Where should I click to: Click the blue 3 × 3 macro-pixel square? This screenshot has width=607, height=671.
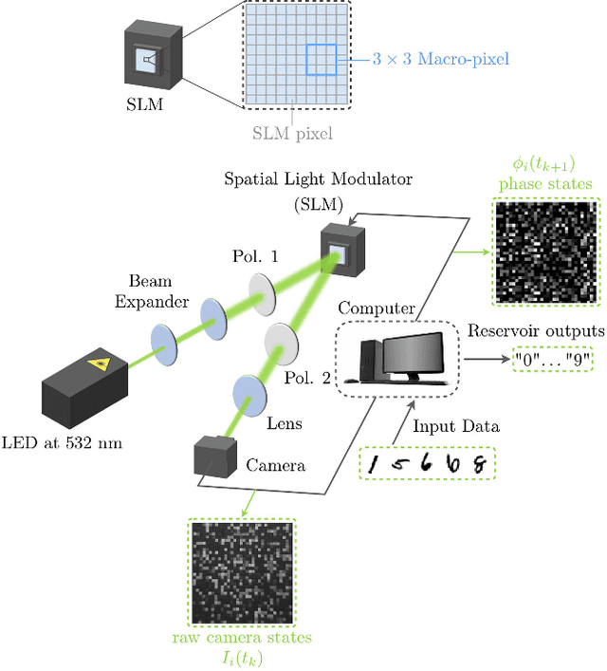pyautogui.click(x=321, y=60)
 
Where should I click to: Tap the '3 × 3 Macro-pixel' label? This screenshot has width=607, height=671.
pyautogui.click(x=440, y=59)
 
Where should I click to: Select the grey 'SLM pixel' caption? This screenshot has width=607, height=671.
pyautogui.click(x=292, y=132)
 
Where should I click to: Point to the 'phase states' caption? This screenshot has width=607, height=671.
pyautogui.click(x=545, y=183)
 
